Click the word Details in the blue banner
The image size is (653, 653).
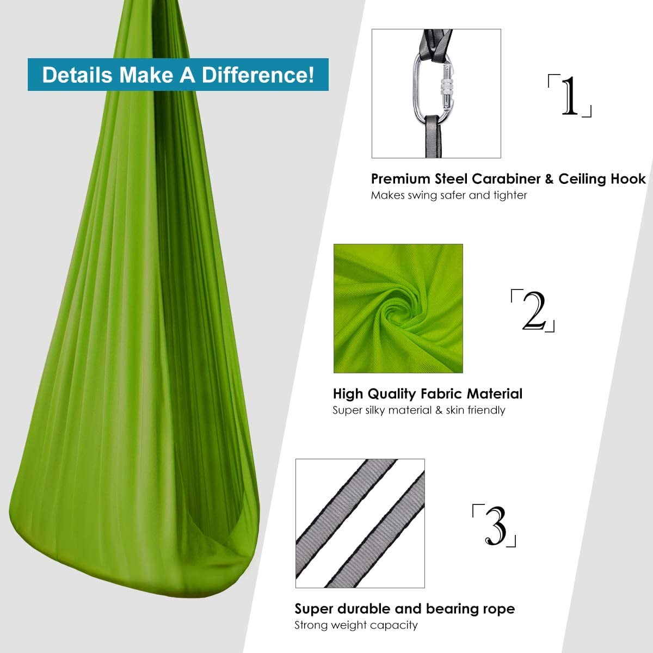point(77,75)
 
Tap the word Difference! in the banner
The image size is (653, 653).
point(258,75)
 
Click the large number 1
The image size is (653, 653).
point(570,96)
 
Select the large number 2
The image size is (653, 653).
point(534,310)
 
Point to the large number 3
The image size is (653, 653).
point(496,526)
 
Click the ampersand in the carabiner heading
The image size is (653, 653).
point(549,179)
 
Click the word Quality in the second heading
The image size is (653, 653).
point(392,395)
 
